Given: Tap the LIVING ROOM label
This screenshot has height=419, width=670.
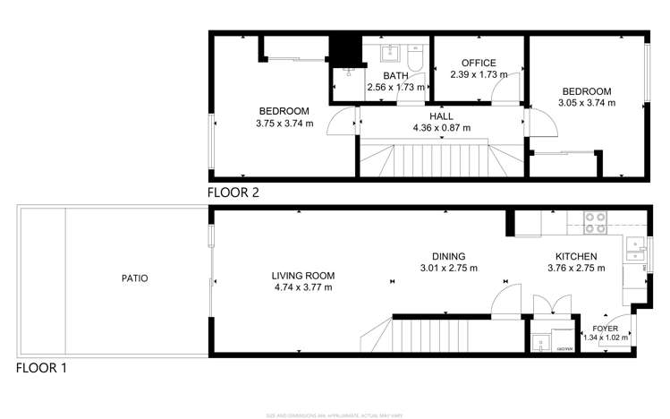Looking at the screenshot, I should (x=303, y=276).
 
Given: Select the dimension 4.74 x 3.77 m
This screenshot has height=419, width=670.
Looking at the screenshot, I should (x=303, y=287).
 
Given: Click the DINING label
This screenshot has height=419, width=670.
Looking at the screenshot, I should (x=448, y=255).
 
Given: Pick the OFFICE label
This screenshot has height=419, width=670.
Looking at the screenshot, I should (x=478, y=63).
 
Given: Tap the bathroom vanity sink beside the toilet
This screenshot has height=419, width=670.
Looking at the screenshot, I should (x=390, y=52).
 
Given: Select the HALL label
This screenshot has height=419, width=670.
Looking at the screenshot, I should (x=440, y=116).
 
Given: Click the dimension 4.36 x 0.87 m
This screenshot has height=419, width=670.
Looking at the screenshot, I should (x=440, y=128).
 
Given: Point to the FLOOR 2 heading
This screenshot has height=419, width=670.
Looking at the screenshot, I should (x=233, y=192).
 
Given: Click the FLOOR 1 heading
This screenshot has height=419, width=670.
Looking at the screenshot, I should (x=40, y=368).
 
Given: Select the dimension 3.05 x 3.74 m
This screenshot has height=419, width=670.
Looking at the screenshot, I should (x=586, y=103).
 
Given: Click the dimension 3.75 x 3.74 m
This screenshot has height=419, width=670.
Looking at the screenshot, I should (x=284, y=124).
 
